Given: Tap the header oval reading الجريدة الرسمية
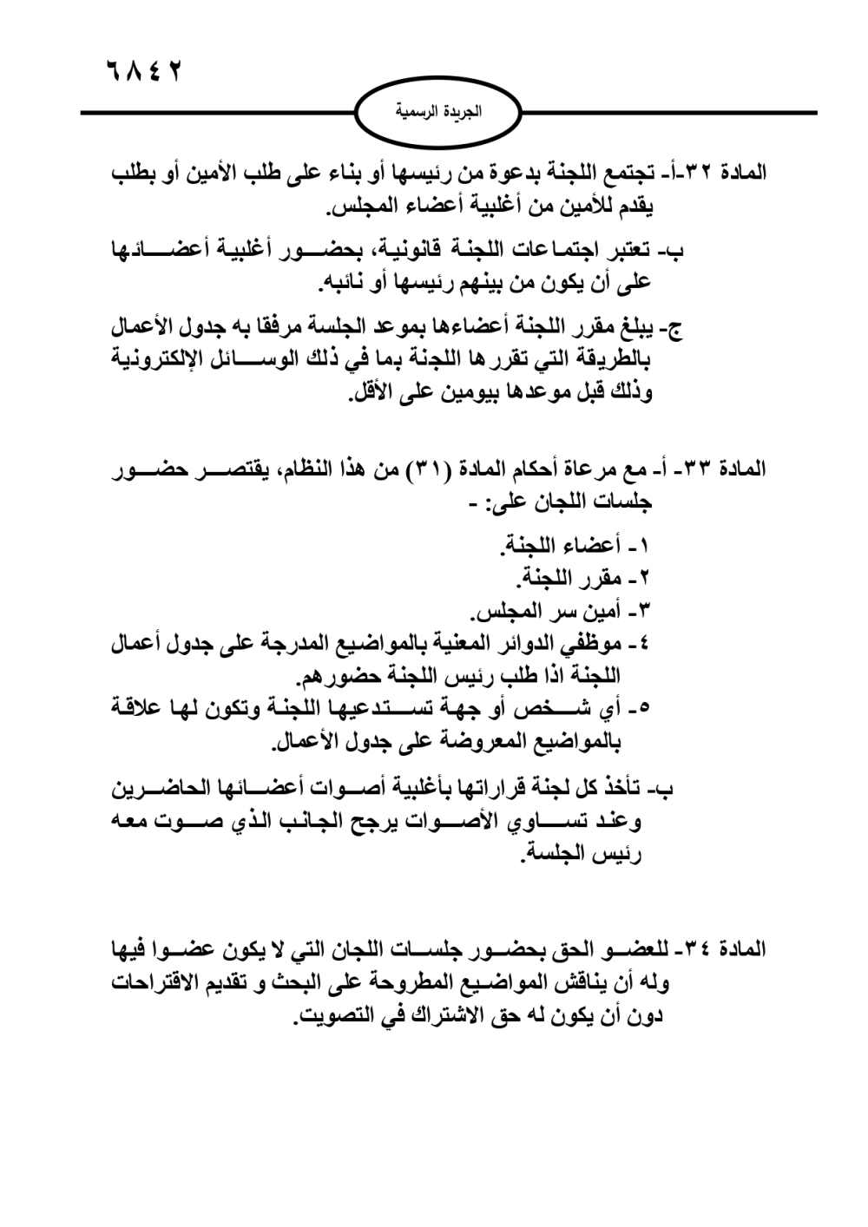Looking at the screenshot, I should point(438,112).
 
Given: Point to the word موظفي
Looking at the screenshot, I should point(598,644).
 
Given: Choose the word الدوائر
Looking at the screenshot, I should point(525,644).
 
